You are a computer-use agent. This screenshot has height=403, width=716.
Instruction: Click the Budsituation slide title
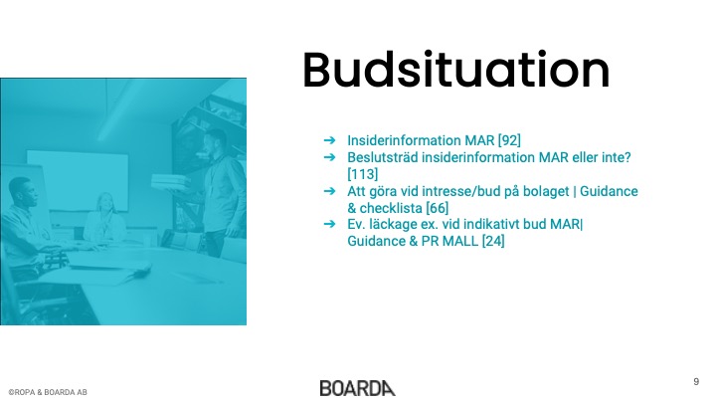tap(455, 70)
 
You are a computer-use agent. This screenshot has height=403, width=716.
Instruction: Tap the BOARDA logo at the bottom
tap(358, 388)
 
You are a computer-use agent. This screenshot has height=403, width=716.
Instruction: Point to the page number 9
tap(696, 381)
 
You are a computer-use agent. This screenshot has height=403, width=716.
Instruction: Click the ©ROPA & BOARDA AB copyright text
tap(48, 392)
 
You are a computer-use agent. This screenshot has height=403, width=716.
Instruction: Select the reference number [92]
tap(509, 140)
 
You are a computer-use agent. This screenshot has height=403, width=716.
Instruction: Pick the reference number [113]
tap(363, 174)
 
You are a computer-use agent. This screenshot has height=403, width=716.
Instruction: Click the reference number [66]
tap(437, 208)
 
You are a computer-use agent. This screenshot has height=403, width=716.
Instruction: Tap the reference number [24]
tap(493, 241)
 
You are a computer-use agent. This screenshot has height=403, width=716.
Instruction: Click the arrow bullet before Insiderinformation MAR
tap(329, 140)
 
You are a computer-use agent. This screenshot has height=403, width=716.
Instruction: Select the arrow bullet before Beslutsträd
tap(329, 157)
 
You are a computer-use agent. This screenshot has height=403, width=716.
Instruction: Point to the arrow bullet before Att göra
tap(329, 191)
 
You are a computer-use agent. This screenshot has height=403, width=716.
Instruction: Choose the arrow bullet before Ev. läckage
tap(329, 224)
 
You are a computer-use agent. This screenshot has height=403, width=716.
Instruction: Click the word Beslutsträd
tap(383, 157)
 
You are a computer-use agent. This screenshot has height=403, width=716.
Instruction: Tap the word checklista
tap(391, 208)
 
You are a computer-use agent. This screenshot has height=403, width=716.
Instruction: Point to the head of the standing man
tap(215, 141)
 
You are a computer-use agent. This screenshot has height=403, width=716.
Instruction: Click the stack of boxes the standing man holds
tap(170, 182)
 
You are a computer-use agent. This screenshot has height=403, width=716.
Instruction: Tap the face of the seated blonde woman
tap(105, 203)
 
